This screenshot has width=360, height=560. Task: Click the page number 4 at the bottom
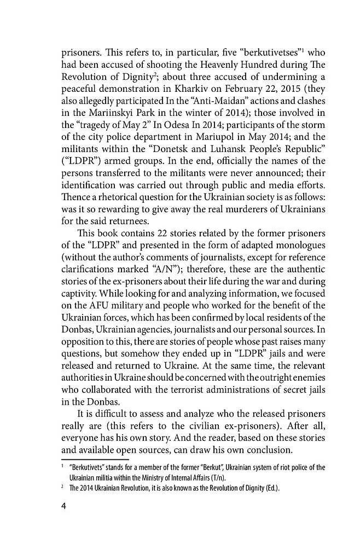(63, 506)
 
